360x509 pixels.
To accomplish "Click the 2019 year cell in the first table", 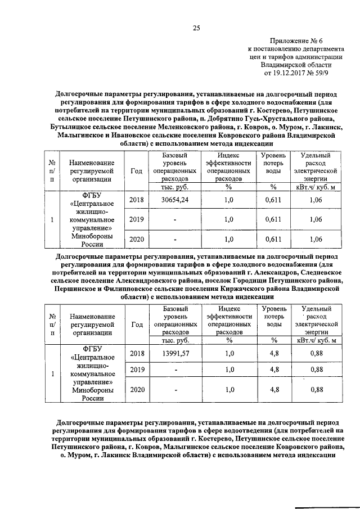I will pos(136,219).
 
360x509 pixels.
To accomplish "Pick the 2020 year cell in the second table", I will pos(136,389).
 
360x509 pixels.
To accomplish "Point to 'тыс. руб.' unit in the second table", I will pos(174,340).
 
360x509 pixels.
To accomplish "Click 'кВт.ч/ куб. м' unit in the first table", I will pos(316,187).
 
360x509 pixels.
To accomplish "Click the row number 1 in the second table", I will pos(52,373).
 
